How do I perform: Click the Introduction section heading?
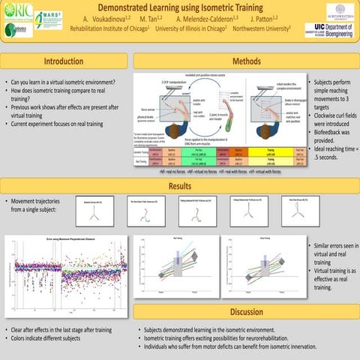tap(64, 61)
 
